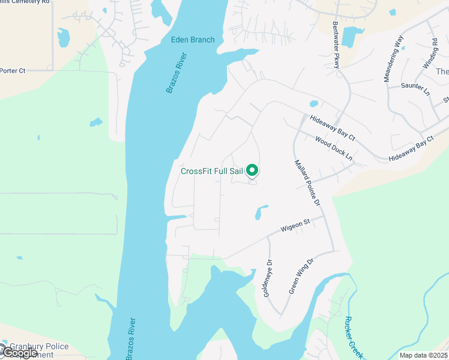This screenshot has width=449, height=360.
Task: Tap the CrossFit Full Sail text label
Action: click(212, 171)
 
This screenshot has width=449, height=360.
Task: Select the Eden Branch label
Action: click(192, 40)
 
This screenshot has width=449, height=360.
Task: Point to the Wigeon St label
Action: click(295, 226)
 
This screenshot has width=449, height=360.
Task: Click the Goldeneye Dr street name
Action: click(268, 278)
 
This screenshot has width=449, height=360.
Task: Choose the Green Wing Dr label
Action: click(301, 276)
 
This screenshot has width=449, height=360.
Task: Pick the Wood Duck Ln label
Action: click(334, 148)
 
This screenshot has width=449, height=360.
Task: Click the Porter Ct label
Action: click(12, 71)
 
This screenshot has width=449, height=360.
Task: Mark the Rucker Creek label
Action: click(354, 338)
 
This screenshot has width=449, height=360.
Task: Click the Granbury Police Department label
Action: click(36, 350)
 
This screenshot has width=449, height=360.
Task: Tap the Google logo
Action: click(19, 353)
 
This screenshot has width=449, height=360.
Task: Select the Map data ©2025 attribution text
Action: click(423, 355)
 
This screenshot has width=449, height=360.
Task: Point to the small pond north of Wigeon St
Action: click(261, 212)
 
